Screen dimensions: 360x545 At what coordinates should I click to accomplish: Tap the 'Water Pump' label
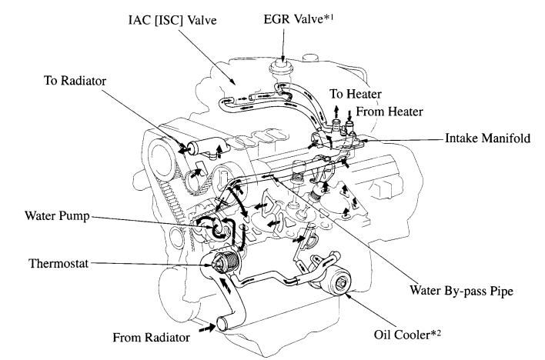click(x=45, y=218)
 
